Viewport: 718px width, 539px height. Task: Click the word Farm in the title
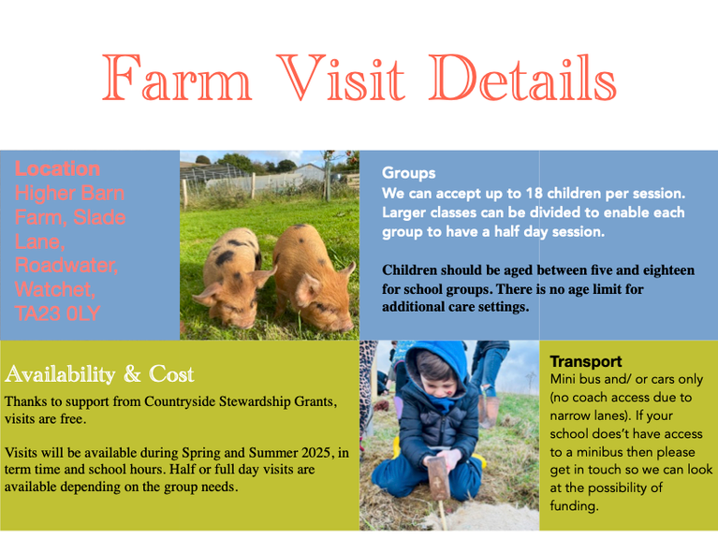[177, 78]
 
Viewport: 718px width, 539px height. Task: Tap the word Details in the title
[523, 77]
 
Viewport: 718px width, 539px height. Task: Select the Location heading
[57, 168]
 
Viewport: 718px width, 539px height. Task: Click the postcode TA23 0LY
[57, 313]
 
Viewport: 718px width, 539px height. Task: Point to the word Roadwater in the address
[66, 266]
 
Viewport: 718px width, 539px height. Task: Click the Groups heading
[408, 173]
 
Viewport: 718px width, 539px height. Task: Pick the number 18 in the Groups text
[534, 193]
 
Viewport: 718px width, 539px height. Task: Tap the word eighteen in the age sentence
[668, 269]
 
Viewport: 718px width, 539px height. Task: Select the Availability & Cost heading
[99, 373]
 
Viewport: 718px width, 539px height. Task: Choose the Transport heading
[586, 361]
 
